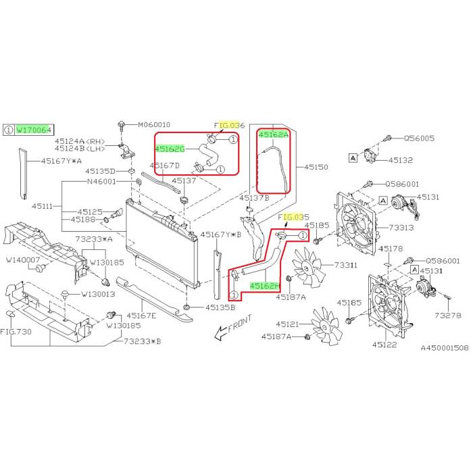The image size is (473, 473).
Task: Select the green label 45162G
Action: click(170, 149)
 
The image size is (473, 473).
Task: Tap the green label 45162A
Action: click(274, 134)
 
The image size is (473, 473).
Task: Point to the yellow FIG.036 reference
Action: click(229, 126)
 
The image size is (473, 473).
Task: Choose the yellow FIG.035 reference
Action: click(294, 218)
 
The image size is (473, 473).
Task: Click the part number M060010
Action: click(154, 125)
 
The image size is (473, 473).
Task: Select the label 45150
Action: click(316, 166)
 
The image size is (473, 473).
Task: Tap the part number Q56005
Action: click(419, 139)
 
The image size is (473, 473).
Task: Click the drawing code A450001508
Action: click(444, 347)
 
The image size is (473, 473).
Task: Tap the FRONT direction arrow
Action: click(230, 326)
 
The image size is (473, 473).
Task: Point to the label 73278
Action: click(448, 316)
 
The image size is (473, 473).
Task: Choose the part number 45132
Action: click(401, 161)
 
